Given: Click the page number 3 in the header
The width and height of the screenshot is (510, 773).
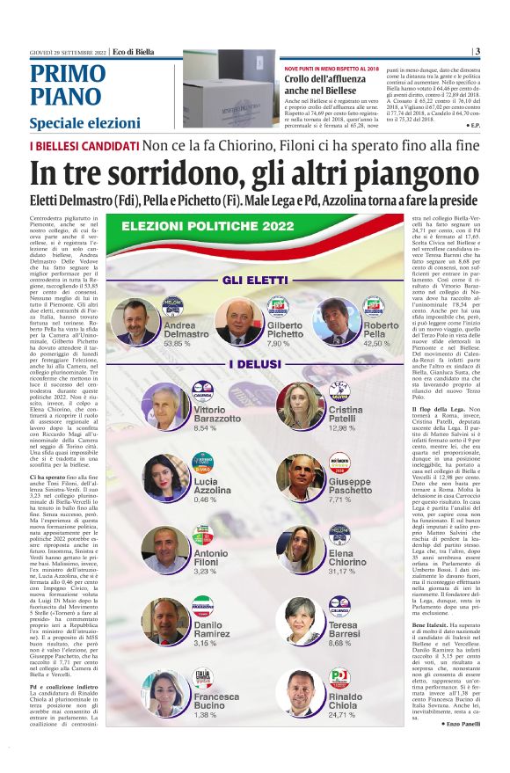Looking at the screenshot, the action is click(x=477, y=51).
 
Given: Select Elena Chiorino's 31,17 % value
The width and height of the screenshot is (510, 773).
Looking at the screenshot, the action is click(x=346, y=571).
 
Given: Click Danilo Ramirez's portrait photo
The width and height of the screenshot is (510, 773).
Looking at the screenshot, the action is click(x=164, y=621).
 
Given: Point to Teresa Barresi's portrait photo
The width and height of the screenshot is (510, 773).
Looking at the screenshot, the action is click(x=301, y=621).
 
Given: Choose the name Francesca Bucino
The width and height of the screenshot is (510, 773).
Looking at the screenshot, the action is click(x=216, y=701).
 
